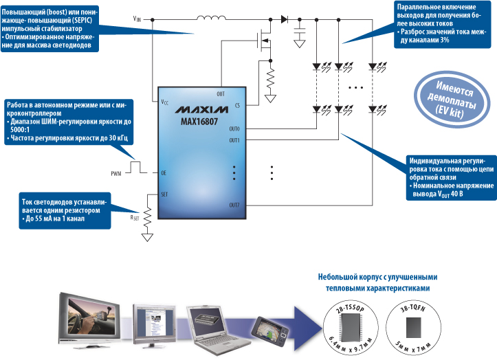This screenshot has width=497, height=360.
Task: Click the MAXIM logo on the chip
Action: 201,109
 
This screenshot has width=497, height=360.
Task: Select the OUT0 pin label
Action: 234,128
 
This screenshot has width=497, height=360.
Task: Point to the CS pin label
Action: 237,105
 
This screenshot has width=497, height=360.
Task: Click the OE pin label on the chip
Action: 164,172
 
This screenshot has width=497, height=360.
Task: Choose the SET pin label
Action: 164,194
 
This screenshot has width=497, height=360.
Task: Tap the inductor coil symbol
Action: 212,18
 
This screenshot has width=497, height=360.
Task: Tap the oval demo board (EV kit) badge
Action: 450,100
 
